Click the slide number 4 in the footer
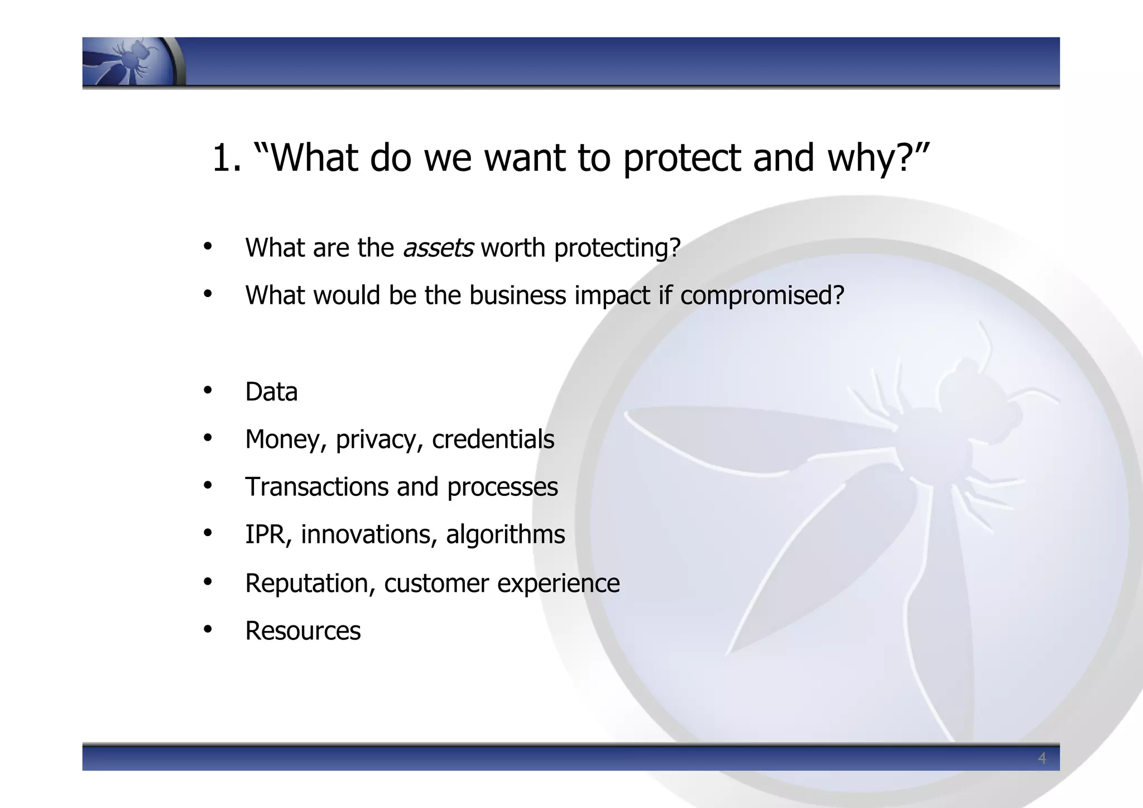click(x=1041, y=758)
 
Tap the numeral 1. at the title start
click(x=227, y=158)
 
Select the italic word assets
click(x=438, y=248)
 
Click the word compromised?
click(x=762, y=295)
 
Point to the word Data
click(x=271, y=392)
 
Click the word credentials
click(x=493, y=439)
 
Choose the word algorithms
click(x=505, y=534)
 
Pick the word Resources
click(x=302, y=631)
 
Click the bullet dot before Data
click(x=208, y=390)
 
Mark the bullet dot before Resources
click(x=208, y=629)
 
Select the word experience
click(x=558, y=584)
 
